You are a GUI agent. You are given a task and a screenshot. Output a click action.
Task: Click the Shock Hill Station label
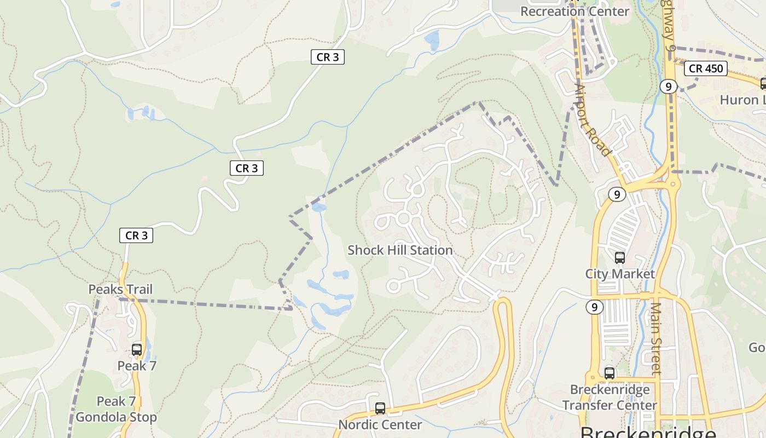(400, 250)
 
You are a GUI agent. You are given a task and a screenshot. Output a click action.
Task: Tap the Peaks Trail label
(120, 289)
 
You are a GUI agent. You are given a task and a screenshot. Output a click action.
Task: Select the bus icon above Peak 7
(137, 349)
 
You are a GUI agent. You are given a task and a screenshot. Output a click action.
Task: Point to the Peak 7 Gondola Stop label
(116, 409)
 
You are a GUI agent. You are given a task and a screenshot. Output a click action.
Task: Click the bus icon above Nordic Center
(380, 408)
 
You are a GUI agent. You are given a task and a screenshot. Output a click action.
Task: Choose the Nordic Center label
(380, 424)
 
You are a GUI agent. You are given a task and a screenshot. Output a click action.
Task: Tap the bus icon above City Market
(620, 258)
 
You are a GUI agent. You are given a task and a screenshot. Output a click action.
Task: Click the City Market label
(620, 274)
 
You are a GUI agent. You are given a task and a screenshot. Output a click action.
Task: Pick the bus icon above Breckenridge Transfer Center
(610, 373)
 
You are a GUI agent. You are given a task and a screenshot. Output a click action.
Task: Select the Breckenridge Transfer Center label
(610, 397)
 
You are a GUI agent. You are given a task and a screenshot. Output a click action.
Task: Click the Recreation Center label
(574, 11)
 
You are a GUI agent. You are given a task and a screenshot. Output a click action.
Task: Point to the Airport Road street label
(593, 120)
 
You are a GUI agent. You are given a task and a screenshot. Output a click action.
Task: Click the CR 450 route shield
(706, 68)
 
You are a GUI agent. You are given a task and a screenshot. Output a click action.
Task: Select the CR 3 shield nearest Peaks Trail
(136, 235)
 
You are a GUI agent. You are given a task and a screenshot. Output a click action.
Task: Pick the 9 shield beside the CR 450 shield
(669, 86)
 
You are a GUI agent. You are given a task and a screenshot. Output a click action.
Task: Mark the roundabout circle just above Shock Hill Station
(404, 218)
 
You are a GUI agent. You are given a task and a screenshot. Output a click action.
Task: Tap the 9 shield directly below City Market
(594, 307)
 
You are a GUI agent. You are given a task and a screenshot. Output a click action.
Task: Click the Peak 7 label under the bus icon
(137, 365)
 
